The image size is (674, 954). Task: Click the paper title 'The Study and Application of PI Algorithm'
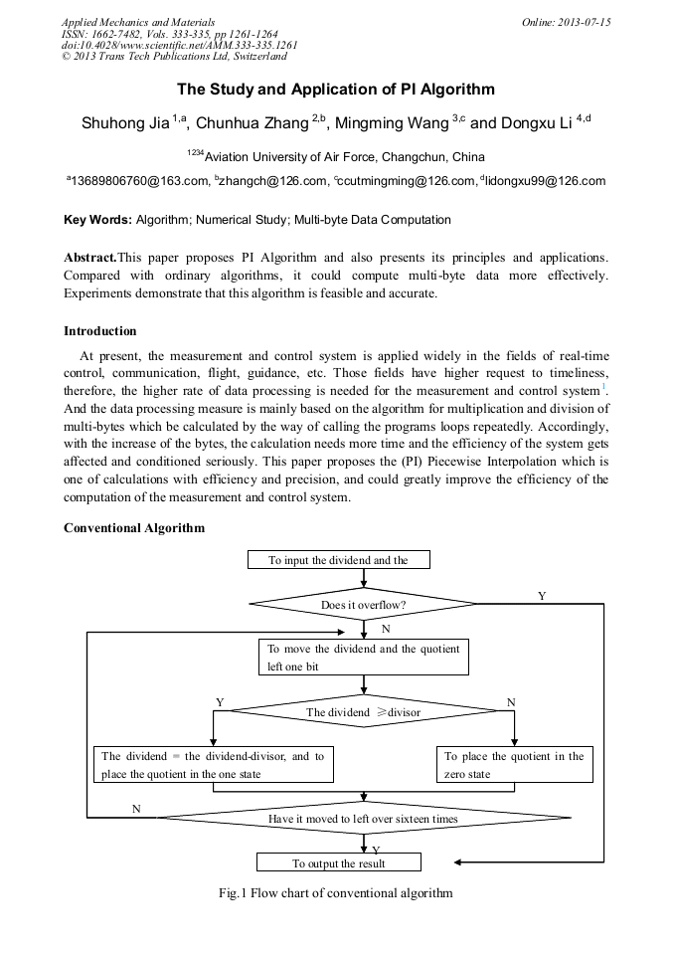tap(336, 90)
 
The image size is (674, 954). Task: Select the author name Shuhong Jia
tap(125, 124)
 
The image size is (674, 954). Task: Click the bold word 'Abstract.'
tap(90, 258)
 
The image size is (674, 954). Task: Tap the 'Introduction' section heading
tap(99, 331)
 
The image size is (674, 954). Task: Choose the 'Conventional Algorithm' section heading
tap(134, 528)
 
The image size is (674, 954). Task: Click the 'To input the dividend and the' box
tap(338, 560)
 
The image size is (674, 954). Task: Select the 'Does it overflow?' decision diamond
tap(363, 604)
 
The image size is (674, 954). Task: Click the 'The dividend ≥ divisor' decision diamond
tap(363, 712)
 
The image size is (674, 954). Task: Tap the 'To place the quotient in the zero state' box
tap(514, 765)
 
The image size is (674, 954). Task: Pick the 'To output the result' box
tap(338, 863)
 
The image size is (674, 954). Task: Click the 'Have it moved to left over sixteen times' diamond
tap(363, 819)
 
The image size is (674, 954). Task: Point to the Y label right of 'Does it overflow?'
tap(542, 595)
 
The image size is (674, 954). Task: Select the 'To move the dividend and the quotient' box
tap(363, 658)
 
